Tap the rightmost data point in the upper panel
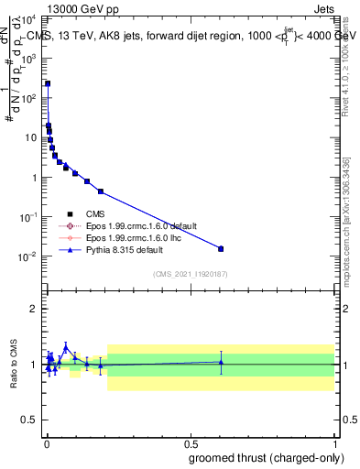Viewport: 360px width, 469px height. pyautogui.click(x=220, y=248)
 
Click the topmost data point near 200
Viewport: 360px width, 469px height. pyautogui.click(x=48, y=83)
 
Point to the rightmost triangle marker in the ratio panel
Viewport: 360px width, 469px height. pyautogui.click(x=220, y=362)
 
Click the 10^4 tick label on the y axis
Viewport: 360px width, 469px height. pyautogui.click(x=30, y=18)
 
